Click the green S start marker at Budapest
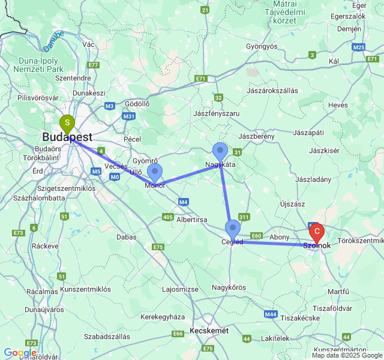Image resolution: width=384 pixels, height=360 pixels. pos(67,124)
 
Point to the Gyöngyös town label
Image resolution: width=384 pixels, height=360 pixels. pos(262,46)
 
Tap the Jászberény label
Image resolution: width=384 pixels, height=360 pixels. pos(256,136)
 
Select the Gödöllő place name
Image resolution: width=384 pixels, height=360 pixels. pos(137,104)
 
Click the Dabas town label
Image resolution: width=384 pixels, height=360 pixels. pos(127,237)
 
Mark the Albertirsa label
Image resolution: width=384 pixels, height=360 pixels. pos(191,220)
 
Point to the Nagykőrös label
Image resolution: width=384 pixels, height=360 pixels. pos(229,287)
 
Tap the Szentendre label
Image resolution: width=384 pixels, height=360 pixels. pos(73,78)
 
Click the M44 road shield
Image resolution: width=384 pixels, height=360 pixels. pos(271,314)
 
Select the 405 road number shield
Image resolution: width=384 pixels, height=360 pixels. pos(169,217)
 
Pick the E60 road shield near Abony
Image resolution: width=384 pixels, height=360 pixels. pos(257,236)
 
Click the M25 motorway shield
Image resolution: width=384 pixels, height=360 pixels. pos(359,47)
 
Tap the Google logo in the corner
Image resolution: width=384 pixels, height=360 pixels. pos(19,353)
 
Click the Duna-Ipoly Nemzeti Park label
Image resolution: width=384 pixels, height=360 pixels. pos(41,65)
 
